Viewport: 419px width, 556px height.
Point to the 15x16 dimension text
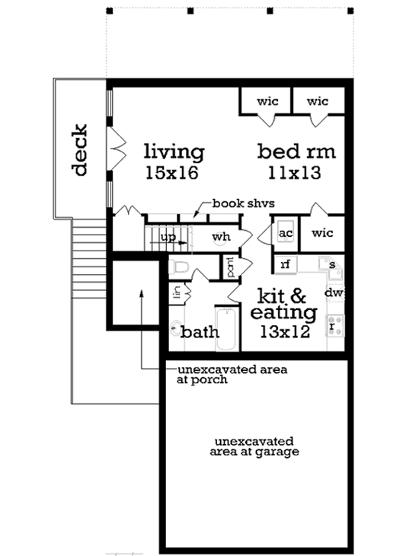(171, 174)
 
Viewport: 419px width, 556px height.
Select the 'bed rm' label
(296, 150)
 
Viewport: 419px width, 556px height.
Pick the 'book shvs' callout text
(243, 203)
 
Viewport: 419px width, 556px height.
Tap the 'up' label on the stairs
(169, 237)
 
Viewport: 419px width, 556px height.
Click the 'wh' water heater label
(221, 237)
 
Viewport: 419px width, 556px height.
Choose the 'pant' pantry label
(229, 267)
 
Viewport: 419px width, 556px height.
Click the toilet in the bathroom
(180, 267)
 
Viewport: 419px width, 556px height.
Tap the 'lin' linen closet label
(176, 292)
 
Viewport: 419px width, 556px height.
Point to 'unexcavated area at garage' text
(255, 446)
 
